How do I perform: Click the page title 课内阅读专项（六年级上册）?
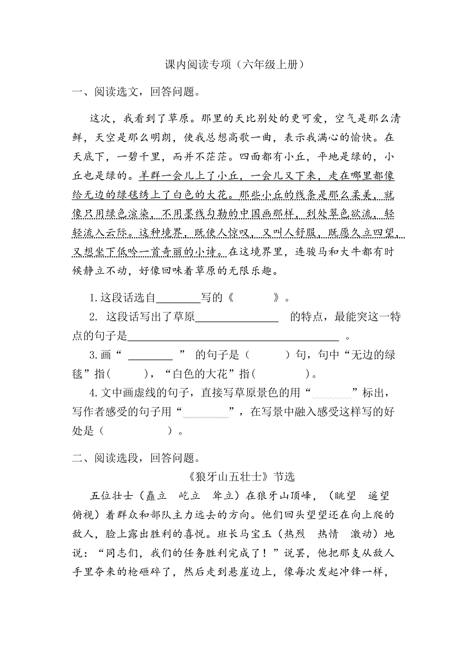coord(237,65)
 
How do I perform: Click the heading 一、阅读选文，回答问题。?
coord(136,92)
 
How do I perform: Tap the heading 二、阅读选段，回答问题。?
coord(136,458)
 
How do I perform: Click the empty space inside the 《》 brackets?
coord(253,298)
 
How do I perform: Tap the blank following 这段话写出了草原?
coord(237,317)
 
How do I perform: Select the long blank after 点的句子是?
coord(233,336)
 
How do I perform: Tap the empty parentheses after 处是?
coord(136,432)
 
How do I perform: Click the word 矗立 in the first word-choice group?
coord(156,496)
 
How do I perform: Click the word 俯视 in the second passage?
coord(83,515)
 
